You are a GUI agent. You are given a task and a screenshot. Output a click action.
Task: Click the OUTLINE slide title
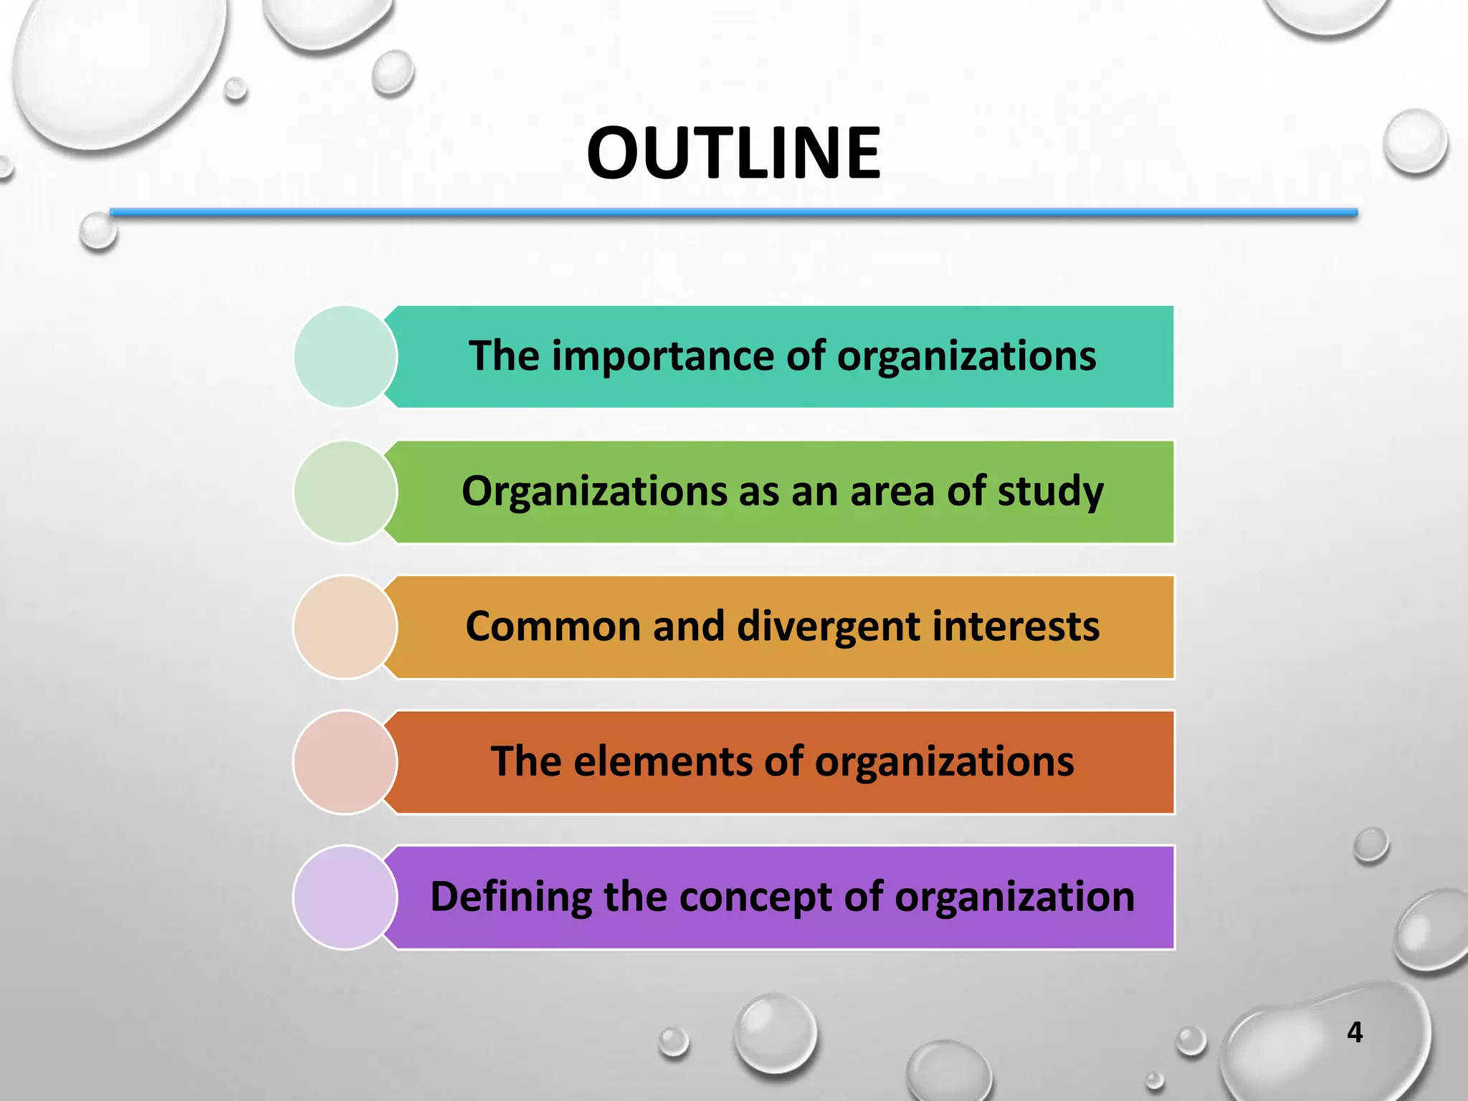(733, 153)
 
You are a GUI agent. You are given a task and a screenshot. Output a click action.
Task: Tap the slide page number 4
(1354, 1032)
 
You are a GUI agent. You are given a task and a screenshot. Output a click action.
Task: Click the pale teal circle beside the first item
(345, 357)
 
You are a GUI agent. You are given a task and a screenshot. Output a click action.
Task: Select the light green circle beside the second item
(345, 492)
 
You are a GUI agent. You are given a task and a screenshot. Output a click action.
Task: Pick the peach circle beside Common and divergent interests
(345, 627)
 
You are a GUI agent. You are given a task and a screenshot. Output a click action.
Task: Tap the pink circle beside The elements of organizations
(345, 762)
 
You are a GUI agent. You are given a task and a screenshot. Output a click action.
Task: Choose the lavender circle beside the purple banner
(345, 897)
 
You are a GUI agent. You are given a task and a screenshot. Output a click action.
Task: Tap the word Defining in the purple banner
(510, 897)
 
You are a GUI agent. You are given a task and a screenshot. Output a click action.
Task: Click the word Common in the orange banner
(553, 626)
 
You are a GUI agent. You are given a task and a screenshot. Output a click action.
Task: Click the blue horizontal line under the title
(733, 212)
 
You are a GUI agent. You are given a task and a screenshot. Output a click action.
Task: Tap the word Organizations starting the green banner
(594, 492)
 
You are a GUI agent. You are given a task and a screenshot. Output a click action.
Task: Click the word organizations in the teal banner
(966, 356)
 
